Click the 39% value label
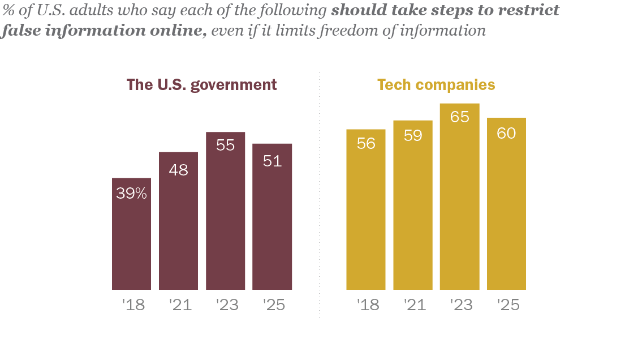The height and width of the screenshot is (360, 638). point(131,194)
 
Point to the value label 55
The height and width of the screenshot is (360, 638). point(225,145)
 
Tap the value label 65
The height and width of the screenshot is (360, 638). point(459,117)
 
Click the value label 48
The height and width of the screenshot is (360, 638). point(178,169)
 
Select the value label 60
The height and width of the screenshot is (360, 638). point(506,134)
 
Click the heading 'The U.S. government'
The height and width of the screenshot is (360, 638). point(202,85)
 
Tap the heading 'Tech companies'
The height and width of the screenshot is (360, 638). point(436,85)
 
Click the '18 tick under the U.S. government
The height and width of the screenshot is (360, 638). point(133,305)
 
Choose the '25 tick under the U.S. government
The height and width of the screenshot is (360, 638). point(274,305)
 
